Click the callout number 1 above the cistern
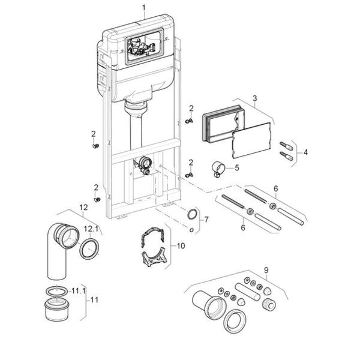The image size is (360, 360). (x=144, y=8)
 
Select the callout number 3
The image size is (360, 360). (x=254, y=98)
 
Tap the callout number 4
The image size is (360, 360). (x=305, y=152)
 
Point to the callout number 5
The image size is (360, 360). (x=237, y=168)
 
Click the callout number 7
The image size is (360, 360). (x=206, y=220)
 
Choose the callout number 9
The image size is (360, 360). (x=266, y=270)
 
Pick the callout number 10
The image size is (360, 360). (x=181, y=246)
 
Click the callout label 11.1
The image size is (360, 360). (x=78, y=291)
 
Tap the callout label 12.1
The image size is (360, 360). (x=91, y=229)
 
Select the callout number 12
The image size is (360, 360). (x=83, y=208)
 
